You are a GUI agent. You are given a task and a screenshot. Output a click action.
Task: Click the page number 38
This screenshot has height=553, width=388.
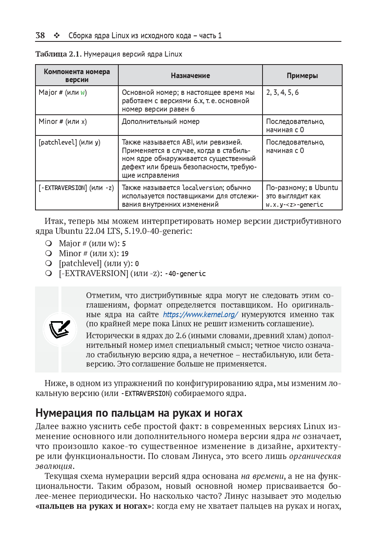(x=40, y=35)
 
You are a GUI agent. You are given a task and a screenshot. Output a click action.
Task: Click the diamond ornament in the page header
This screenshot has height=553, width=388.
(x=57, y=35)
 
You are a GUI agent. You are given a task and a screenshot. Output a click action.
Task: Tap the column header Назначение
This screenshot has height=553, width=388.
(x=190, y=76)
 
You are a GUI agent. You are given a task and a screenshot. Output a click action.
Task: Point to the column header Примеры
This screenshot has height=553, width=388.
(x=302, y=76)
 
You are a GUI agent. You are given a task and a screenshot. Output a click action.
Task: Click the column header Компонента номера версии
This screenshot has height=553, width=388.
(x=77, y=76)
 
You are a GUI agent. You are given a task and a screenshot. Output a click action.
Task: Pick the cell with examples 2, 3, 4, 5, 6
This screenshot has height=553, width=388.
(x=282, y=92)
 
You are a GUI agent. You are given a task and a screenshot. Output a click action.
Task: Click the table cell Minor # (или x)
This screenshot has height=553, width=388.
(x=63, y=122)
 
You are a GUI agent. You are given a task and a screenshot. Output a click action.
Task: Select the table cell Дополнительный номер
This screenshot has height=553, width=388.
(x=161, y=122)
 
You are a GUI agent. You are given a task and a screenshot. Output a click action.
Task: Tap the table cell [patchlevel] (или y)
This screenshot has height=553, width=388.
(x=69, y=142)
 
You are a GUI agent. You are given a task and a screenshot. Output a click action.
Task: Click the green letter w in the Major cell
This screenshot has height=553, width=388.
(x=82, y=92)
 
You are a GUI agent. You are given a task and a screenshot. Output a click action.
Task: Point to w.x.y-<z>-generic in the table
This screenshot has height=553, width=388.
(x=294, y=205)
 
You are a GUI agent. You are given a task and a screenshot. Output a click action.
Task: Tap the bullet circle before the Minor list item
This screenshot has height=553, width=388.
(x=49, y=253)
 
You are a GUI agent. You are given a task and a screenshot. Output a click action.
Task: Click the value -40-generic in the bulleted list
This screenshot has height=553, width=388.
(x=185, y=274)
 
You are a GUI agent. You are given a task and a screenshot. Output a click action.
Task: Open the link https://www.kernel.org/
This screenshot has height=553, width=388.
(x=200, y=315)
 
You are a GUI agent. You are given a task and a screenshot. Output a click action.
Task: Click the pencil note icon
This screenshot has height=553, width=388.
(x=60, y=329)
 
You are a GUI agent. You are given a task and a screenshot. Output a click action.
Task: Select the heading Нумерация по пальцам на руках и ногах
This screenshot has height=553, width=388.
(x=139, y=413)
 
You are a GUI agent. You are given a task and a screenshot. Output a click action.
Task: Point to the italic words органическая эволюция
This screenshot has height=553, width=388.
(x=315, y=456)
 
